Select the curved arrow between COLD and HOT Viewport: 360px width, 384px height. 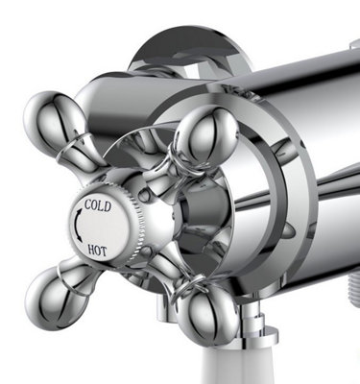[77, 228]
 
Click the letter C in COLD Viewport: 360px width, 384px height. [89, 205]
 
